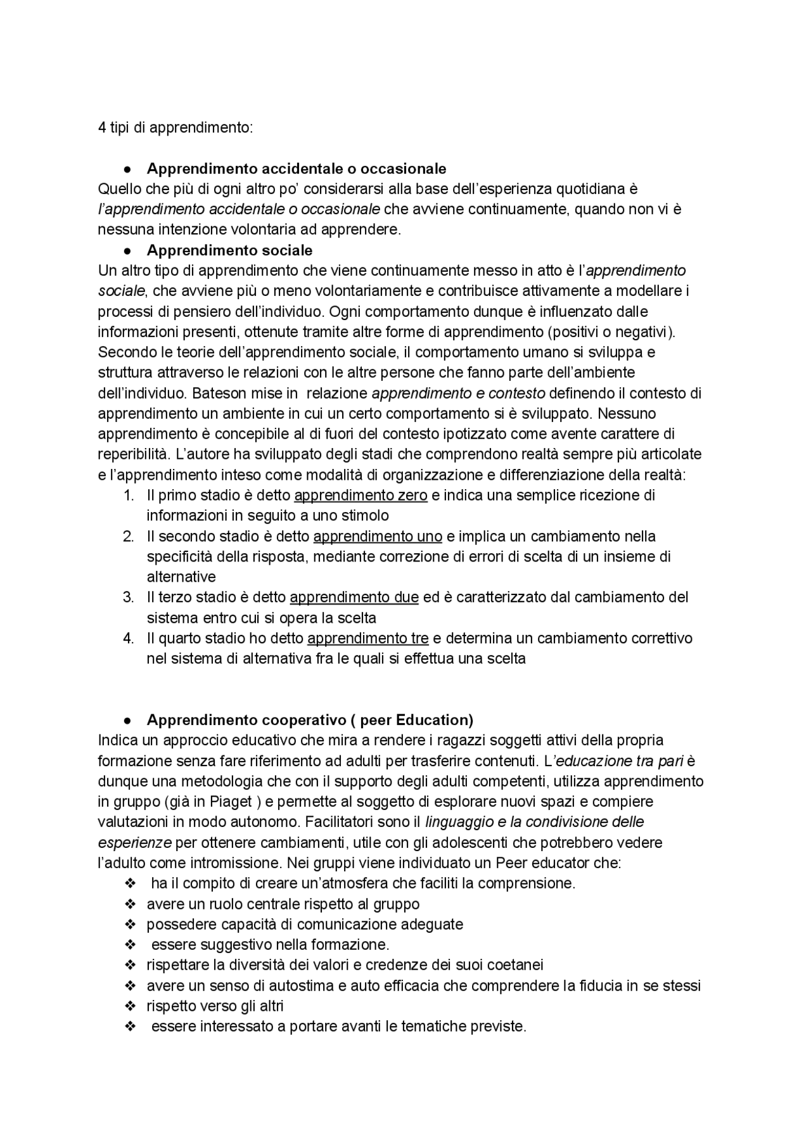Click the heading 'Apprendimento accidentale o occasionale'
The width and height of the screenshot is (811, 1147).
coord(296,169)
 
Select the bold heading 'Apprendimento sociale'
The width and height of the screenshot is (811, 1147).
coord(229,250)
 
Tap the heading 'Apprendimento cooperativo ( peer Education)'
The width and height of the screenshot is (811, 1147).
coord(310,720)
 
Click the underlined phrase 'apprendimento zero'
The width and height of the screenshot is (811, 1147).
coord(361,495)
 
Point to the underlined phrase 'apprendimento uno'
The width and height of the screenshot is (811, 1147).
coord(378,536)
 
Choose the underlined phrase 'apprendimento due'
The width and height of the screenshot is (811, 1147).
coord(354,597)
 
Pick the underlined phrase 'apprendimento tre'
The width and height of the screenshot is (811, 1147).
coord(367,638)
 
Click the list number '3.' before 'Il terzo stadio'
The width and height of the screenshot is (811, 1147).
coord(129,597)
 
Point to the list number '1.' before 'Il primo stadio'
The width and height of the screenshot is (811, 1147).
coord(129,495)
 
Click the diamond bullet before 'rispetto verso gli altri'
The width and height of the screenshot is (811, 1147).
coord(131,1006)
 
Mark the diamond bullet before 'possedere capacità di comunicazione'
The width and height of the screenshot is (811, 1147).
coord(131,924)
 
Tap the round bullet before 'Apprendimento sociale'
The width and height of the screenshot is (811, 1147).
coord(128,250)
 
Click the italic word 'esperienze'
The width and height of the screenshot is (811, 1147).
coord(134,843)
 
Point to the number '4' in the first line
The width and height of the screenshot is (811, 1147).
coord(102,127)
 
